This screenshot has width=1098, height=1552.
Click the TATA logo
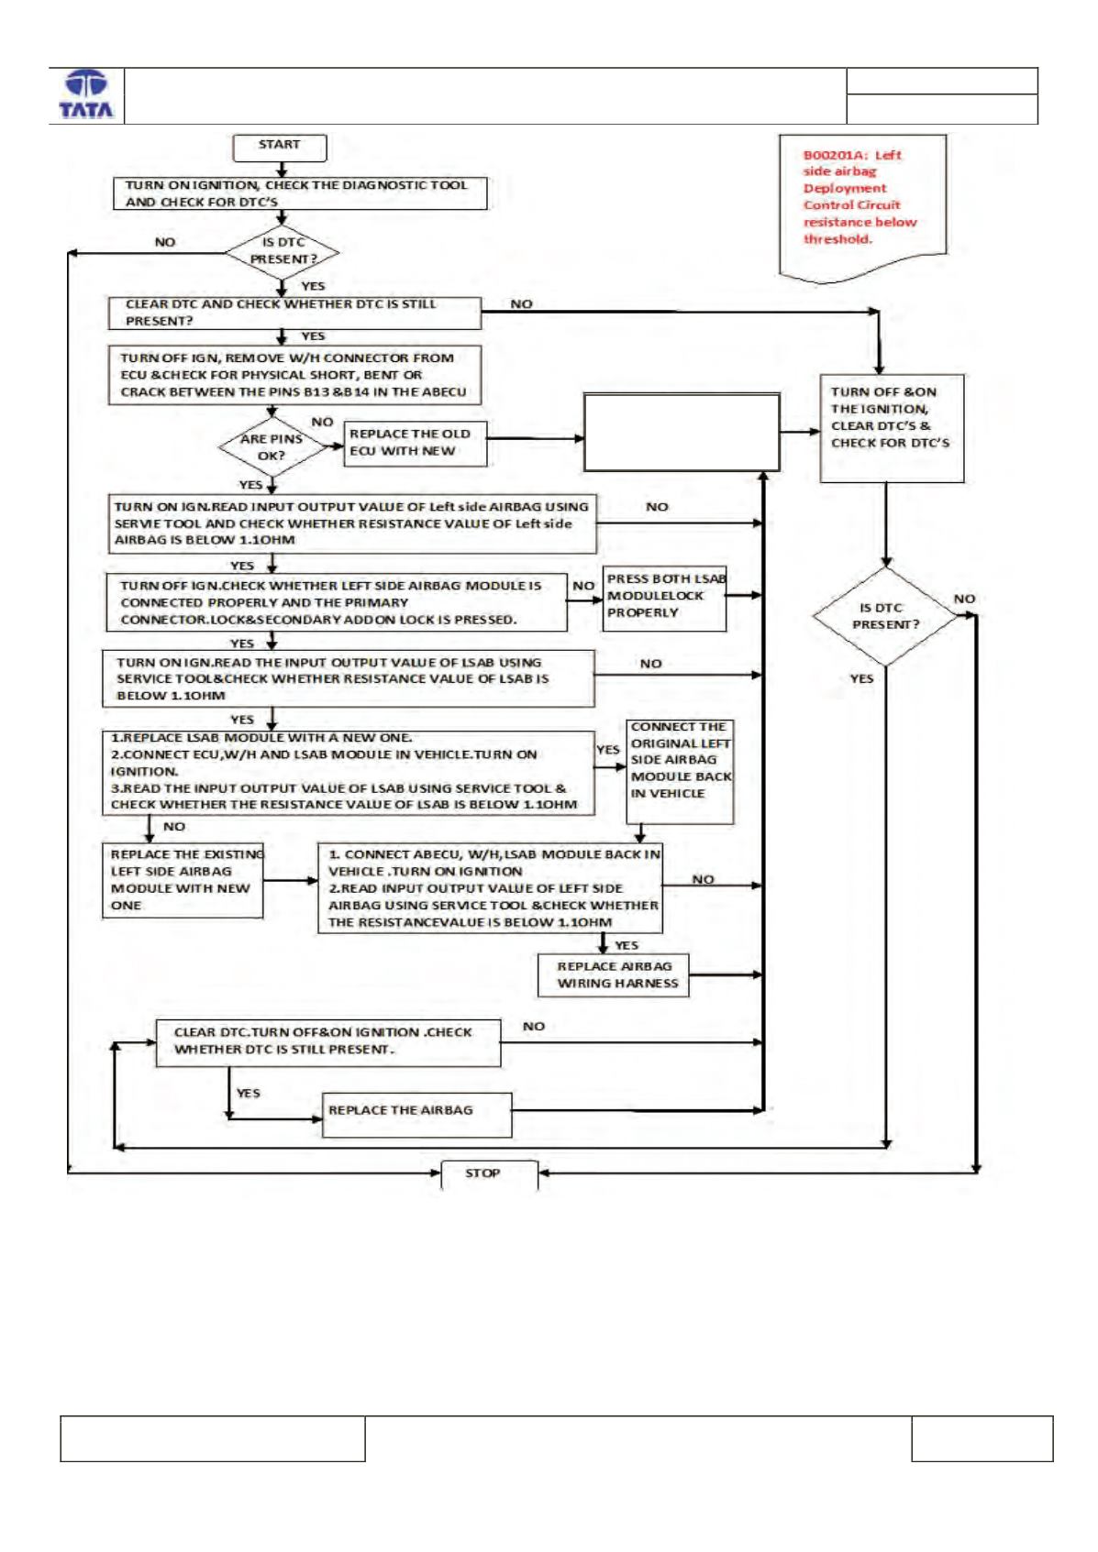point(86,95)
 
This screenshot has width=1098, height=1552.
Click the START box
point(280,148)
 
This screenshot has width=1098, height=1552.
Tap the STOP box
point(490,1173)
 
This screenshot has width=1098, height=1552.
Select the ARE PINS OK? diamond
point(272,446)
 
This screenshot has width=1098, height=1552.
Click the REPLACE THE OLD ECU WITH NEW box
point(416,444)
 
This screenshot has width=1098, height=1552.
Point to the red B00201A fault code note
point(862,208)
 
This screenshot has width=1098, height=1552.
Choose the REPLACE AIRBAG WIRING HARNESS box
point(614,974)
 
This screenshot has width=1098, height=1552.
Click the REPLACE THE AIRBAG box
point(417,1115)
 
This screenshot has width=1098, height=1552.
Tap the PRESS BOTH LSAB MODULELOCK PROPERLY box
point(664,600)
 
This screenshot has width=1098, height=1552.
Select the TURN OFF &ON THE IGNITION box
point(892,428)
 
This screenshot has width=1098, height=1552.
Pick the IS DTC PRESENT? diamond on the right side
point(885,616)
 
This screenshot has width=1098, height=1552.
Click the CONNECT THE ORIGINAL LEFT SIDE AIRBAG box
point(680,772)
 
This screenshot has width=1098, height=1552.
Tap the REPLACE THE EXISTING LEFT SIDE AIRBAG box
point(183,881)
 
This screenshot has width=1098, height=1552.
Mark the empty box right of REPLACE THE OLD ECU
point(682,433)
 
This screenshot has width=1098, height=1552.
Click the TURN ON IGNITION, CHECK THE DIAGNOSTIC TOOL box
point(300,193)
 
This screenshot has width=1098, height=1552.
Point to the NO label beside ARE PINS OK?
point(322,422)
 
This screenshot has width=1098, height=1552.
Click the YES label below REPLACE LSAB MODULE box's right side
point(627,946)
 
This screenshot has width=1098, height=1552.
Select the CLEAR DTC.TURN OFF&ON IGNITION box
point(327,1042)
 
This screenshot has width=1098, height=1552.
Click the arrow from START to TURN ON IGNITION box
point(282,170)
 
